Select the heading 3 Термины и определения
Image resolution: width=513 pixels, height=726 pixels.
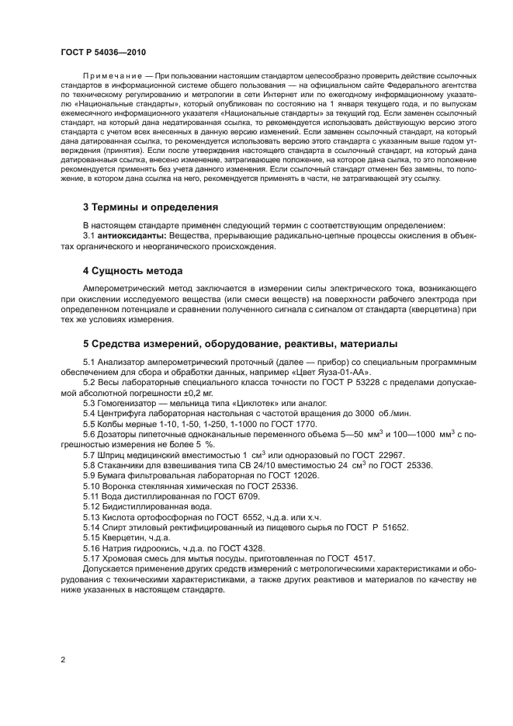tap(150, 207)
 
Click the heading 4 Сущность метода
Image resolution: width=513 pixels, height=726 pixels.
tap(132, 271)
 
